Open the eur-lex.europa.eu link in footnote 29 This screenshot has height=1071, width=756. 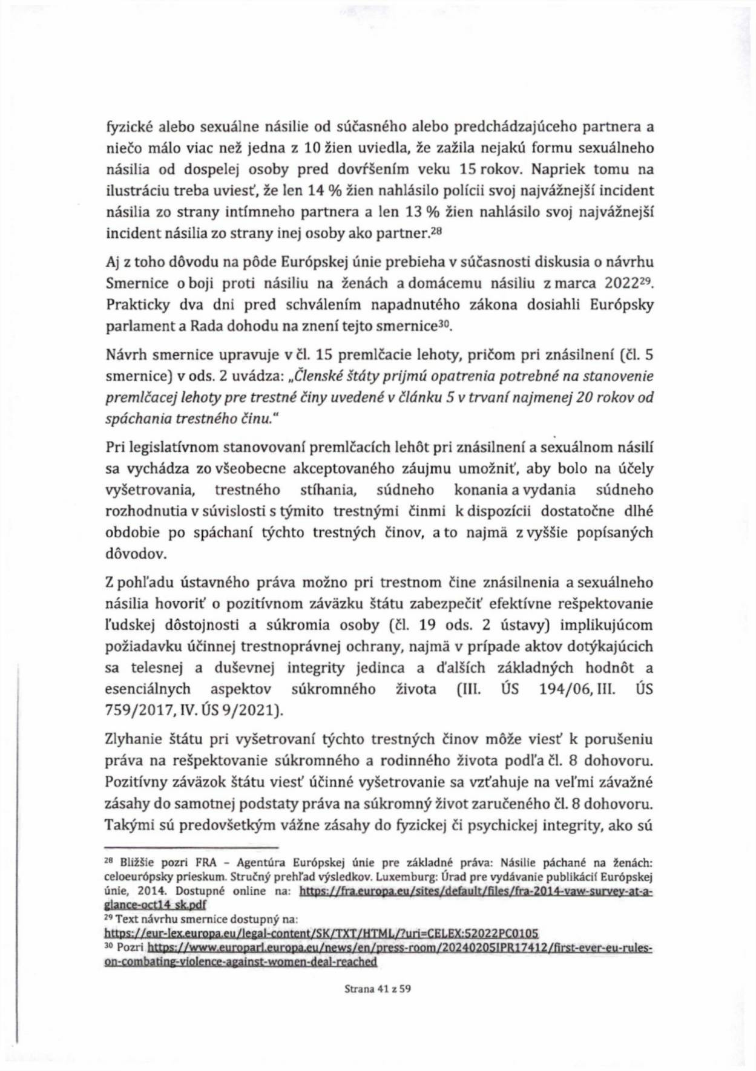pos(321,933)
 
